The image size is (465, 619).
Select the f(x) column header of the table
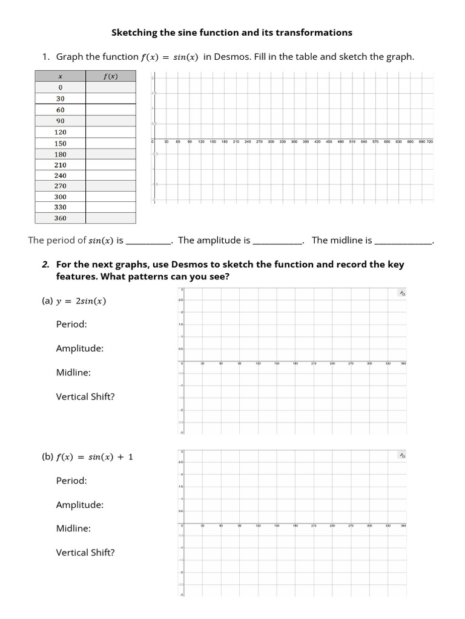(x=111, y=76)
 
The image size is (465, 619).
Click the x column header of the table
(x=61, y=76)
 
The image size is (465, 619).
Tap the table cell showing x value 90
(x=61, y=120)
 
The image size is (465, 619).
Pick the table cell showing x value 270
(x=61, y=186)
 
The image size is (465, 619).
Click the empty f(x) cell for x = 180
(x=111, y=154)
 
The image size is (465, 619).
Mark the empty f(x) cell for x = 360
(x=111, y=218)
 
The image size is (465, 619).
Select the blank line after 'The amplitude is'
(x=277, y=241)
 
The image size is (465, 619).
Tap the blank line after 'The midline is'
(x=404, y=241)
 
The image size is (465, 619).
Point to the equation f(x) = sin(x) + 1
(x=94, y=457)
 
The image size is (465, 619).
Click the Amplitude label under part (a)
(x=79, y=348)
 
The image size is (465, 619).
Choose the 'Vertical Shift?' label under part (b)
(x=85, y=553)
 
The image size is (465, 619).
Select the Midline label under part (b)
(x=73, y=528)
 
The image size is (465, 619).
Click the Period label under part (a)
(x=71, y=324)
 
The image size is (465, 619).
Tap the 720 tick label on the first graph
(x=429, y=141)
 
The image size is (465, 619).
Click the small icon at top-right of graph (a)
(x=401, y=293)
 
